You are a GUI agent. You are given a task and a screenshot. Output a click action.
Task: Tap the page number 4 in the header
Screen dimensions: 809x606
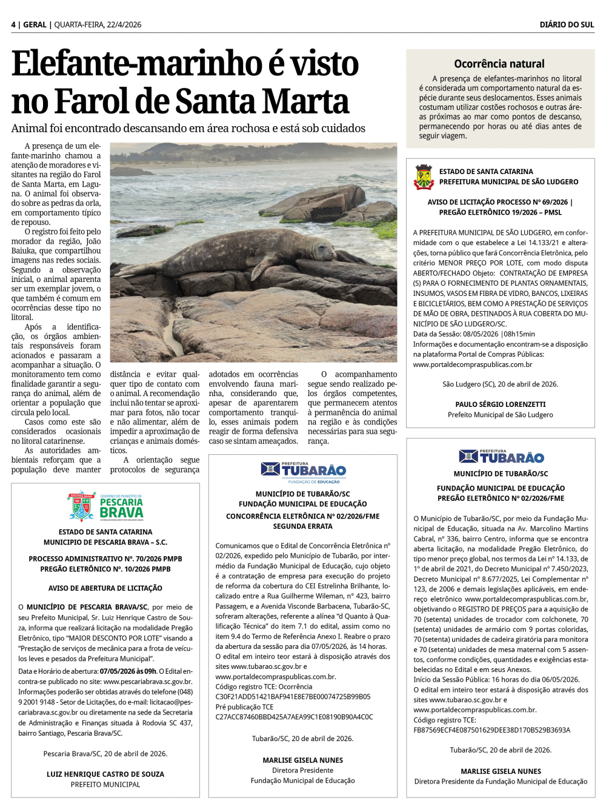13,25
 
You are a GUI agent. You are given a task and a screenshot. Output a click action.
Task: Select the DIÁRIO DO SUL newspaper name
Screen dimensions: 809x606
567,25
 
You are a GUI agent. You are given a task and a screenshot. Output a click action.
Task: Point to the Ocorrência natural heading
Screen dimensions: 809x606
499,64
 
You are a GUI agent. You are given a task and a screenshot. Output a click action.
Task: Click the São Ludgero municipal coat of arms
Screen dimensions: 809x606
424,176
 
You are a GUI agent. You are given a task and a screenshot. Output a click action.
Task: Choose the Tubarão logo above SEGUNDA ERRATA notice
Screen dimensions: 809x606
303,471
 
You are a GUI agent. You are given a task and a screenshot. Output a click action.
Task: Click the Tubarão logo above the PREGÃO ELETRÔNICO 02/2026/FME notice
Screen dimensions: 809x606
501,456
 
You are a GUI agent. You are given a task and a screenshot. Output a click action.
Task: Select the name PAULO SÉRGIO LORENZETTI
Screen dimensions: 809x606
501,404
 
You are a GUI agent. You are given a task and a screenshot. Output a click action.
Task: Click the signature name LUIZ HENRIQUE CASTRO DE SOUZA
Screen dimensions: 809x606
105,774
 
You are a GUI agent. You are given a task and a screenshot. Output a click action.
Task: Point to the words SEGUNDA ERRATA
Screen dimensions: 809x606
302,526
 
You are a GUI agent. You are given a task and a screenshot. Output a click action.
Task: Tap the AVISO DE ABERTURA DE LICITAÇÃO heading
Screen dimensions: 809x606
105,588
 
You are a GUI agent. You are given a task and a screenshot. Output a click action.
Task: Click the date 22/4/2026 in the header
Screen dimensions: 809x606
124,25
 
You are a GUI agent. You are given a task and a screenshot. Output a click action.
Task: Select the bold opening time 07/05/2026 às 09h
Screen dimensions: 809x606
129,671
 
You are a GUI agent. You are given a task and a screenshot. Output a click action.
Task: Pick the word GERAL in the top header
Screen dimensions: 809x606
35,25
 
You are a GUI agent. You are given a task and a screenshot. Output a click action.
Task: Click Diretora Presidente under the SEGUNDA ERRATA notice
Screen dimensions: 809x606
302,770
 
